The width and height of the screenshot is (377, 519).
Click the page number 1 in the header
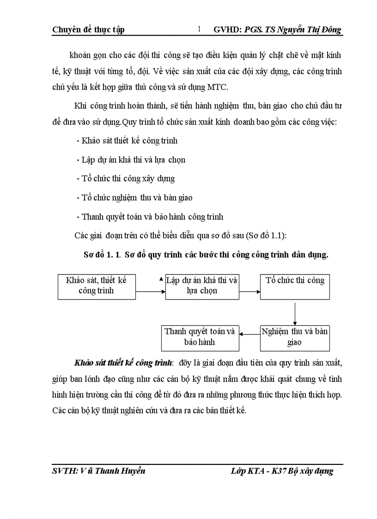tap(199, 30)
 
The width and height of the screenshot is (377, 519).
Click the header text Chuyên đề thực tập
tap(88, 30)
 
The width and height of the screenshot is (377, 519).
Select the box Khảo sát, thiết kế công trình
tap(96, 286)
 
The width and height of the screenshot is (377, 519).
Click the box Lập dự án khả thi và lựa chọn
tap(202, 286)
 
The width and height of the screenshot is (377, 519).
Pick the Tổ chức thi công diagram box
tap(295, 286)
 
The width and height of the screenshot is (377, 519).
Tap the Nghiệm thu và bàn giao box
tap(295, 337)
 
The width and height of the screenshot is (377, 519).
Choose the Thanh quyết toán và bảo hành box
tap(200, 337)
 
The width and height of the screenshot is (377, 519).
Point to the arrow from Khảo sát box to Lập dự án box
tap(151, 292)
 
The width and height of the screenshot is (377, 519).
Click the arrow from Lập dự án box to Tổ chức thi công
tap(249, 292)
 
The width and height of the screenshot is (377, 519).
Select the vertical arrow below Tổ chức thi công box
tap(295, 312)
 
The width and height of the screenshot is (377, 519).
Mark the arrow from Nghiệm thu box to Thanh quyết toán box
tap(249, 333)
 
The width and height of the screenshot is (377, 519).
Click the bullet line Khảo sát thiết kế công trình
tap(127, 140)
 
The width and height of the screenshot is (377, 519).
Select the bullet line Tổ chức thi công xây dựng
tap(125, 178)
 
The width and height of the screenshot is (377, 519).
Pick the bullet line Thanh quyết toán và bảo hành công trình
tap(149, 216)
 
